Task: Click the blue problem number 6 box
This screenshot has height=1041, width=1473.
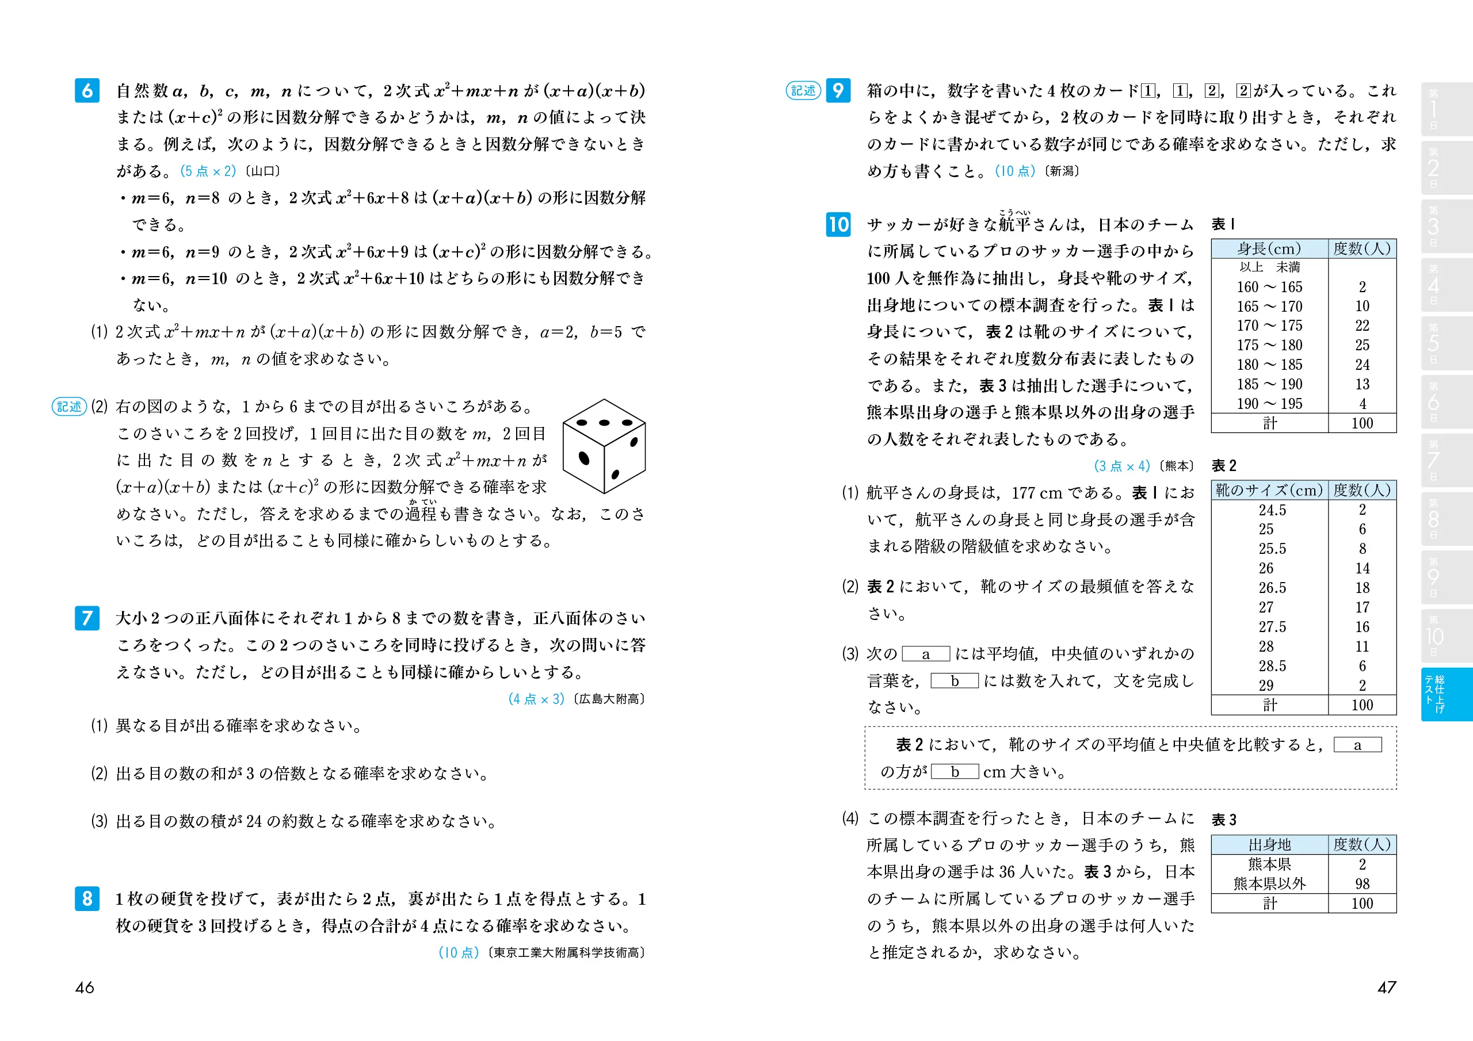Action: point(87,90)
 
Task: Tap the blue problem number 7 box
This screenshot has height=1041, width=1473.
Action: point(87,618)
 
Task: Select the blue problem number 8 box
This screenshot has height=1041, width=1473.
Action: point(87,898)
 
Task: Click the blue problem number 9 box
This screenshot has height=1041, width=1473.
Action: point(838,90)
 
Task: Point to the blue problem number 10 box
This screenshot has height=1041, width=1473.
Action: point(838,224)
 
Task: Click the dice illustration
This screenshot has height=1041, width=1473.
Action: point(604,446)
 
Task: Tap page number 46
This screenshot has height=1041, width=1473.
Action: point(85,987)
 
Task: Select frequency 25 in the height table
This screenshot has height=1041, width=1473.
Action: point(1362,345)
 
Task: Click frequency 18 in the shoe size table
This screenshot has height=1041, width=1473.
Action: point(1362,588)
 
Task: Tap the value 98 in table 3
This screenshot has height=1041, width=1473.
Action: point(1362,884)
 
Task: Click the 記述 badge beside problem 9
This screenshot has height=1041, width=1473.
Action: point(803,90)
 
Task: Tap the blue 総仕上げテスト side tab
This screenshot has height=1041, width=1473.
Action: point(1446,694)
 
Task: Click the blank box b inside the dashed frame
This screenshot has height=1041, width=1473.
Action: point(955,772)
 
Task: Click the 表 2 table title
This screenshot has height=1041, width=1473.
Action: point(1223,466)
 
